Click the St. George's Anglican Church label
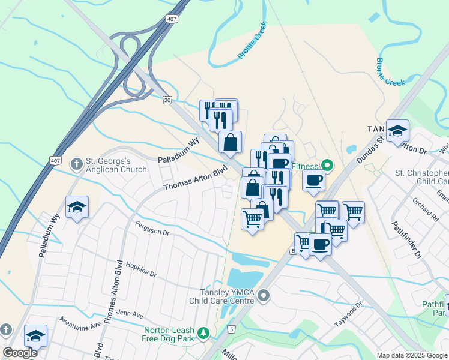(116, 165)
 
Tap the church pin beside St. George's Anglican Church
(76, 164)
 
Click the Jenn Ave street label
(130, 313)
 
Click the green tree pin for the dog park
(204, 332)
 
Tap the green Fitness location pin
(327, 164)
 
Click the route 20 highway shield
(167, 100)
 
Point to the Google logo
(20, 353)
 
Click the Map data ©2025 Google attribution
(412, 355)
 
